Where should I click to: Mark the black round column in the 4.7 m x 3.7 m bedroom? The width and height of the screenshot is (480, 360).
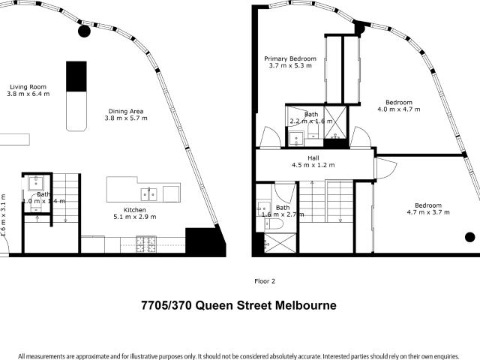click(469, 238)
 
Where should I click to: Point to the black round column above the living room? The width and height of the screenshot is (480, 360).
click(85, 31)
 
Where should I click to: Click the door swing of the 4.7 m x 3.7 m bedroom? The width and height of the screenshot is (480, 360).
click(383, 169)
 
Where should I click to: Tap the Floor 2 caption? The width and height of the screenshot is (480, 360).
click(265, 281)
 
